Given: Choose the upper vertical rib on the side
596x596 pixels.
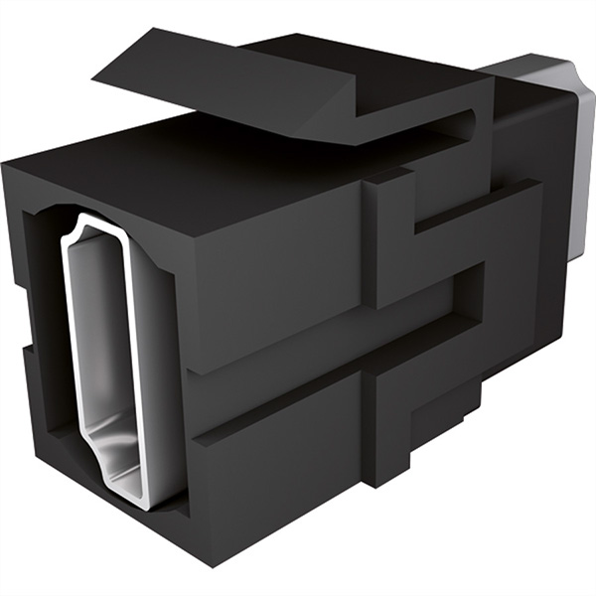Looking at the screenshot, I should point(387,238).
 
